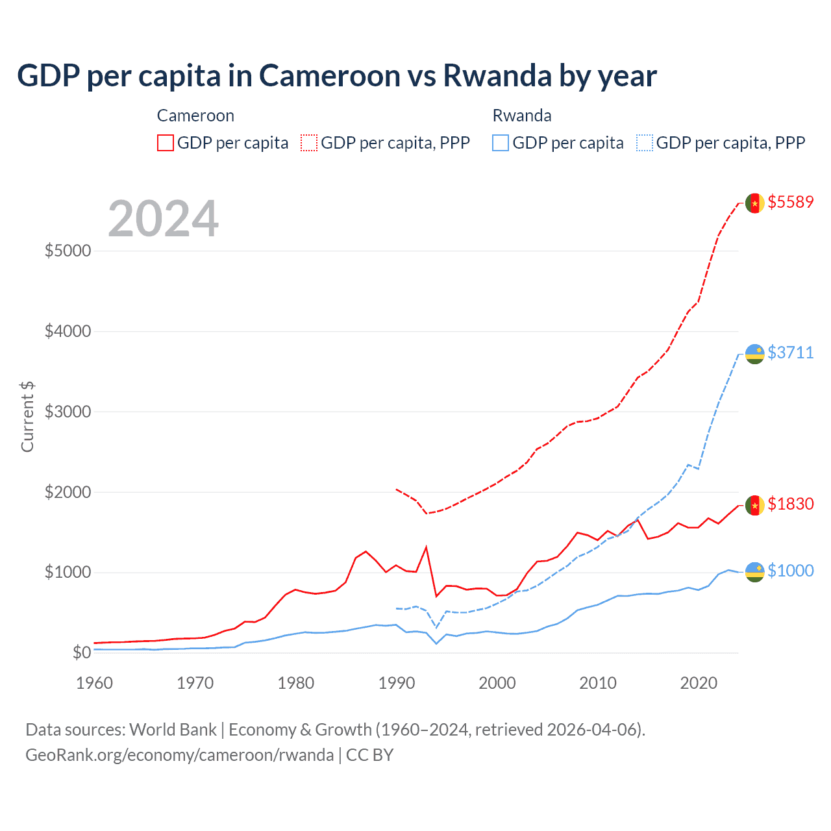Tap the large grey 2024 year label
[163, 219]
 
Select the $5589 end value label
[790, 202]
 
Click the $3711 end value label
[790, 353]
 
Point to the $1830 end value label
[790, 504]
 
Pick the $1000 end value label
[790, 571]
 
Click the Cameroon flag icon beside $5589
[754, 203]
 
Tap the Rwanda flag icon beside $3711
[754, 354]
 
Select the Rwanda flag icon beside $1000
[754, 572]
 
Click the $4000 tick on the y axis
[68, 332]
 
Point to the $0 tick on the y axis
[81, 652]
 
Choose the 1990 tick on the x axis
[397, 683]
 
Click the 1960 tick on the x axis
[95, 683]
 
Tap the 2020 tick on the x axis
[699, 683]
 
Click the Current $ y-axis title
[27, 417]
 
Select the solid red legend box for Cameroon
[166, 143]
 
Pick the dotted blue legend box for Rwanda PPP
[645, 143]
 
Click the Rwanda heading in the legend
[522, 116]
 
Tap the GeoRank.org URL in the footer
[179, 755]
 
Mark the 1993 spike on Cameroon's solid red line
[426, 547]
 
